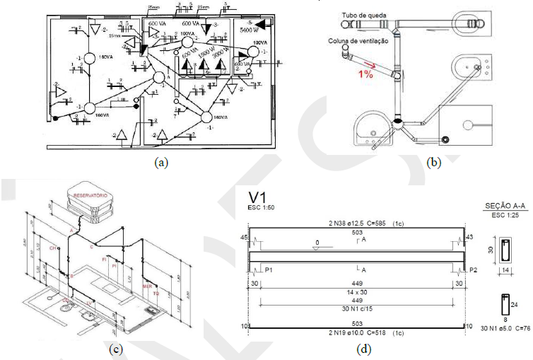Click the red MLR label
[x=146, y=286]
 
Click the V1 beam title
[x=256, y=196]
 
